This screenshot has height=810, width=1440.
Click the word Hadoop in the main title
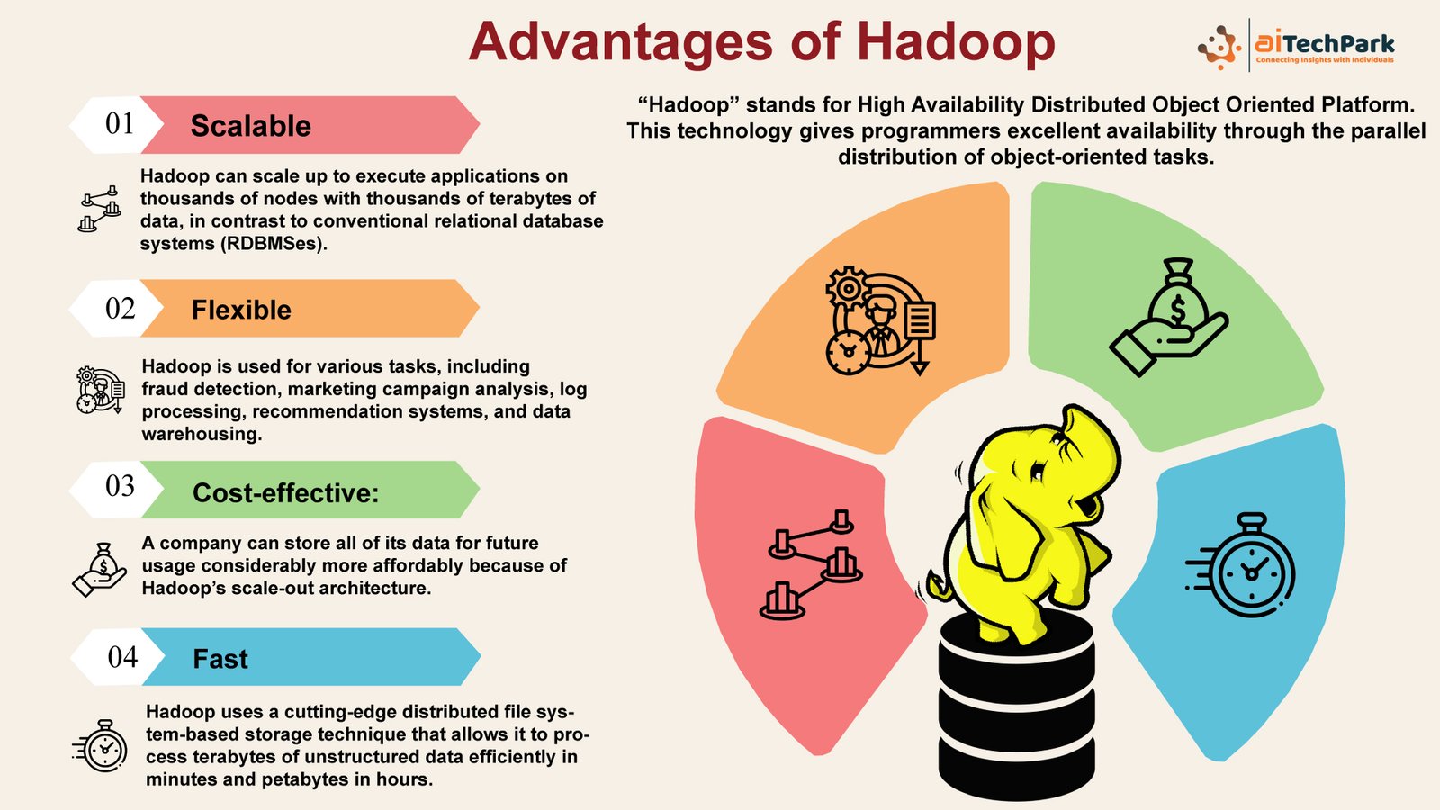956,41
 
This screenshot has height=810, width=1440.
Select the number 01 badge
121,124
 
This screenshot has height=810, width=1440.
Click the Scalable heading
251,125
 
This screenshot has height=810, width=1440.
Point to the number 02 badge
121,309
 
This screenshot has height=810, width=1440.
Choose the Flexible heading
241,310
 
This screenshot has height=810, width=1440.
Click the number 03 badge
121,487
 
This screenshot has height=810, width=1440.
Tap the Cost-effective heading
286,493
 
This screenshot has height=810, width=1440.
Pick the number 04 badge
122,657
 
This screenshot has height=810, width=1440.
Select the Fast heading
220,659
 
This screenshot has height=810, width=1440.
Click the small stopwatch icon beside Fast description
100,746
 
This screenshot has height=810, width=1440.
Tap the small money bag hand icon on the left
100,570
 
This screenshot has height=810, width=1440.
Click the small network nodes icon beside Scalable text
99,208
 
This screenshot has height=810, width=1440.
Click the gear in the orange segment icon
848,288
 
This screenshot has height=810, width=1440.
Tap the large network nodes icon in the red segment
811,564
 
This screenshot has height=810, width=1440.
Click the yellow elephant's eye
1038,472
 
